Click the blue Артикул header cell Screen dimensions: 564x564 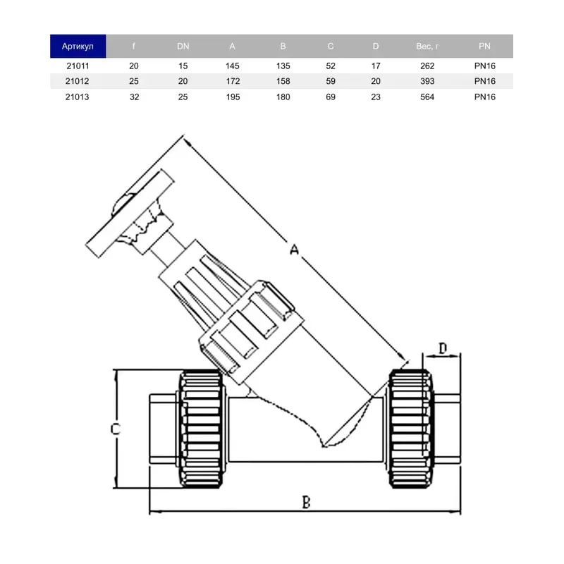point(78,46)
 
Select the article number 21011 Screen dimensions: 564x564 point(78,66)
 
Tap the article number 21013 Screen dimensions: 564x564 point(77,97)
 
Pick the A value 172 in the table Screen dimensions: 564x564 point(233,81)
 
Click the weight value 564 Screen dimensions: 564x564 point(427,97)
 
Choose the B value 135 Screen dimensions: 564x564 point(283,66)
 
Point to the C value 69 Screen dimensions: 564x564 point(331,97)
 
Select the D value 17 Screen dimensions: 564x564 point(376,66)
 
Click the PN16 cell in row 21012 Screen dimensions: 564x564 point(485,81)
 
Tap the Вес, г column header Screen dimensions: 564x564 point(427,46)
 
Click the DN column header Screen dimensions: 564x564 point(183,46)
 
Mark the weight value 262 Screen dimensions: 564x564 point(427,66)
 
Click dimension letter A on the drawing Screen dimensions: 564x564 point(294,249)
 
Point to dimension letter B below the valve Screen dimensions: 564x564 point(306,502)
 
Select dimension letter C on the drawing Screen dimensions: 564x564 point(115,429)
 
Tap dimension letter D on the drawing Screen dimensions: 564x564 point(443,348)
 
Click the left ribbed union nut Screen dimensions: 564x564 point(201,429)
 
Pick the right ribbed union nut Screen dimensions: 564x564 point(411,429)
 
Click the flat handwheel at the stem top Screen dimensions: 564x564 point(130,214)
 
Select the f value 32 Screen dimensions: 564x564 point(134,97)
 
